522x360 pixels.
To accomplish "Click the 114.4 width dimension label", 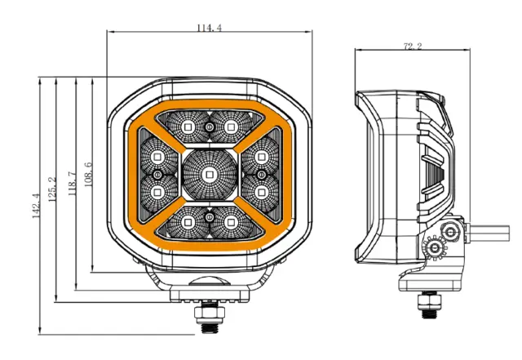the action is pos(209,28).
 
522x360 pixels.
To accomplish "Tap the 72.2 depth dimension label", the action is pos(413,46).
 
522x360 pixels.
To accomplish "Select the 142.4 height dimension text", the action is pos(36,206).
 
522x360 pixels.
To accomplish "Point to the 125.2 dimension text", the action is pos(52,189).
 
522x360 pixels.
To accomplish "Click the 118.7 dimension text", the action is pos(73,184).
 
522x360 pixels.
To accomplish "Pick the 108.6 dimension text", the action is pos(88,174).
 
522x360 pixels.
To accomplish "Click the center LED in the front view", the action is pos(209,175).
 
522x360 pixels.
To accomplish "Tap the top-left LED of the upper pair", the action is pos(188,127).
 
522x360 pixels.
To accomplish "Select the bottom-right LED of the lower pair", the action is pos(230,222).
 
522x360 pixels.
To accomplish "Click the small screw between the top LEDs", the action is pos(210,127).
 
